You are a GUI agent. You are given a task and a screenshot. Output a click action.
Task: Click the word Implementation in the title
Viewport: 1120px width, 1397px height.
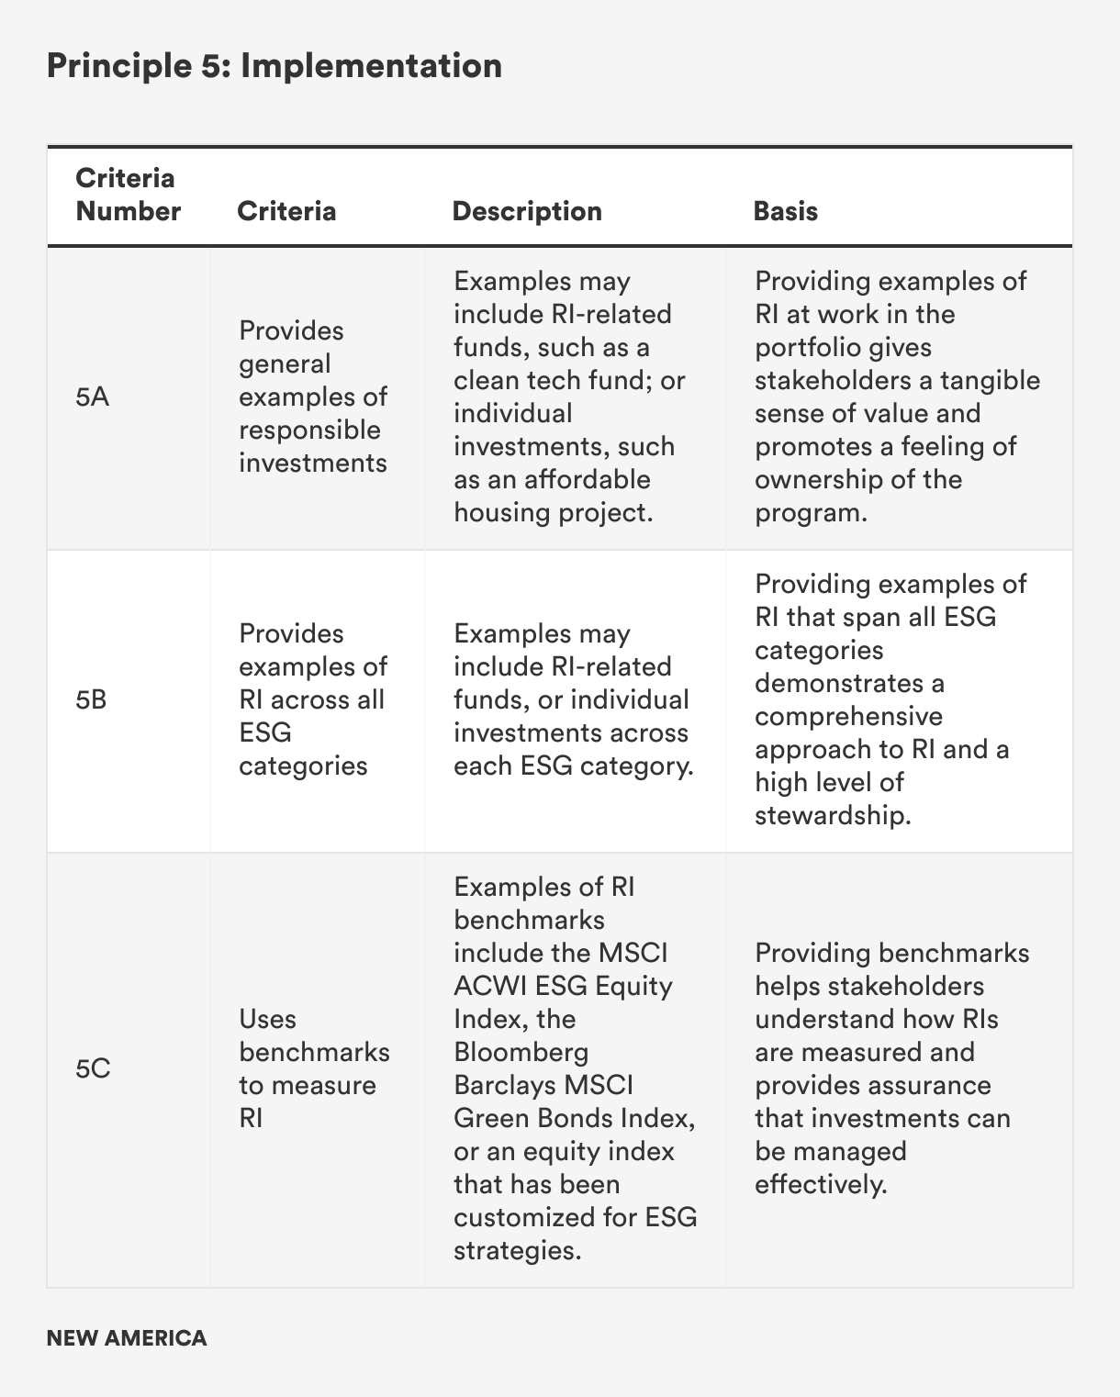coord(371,66)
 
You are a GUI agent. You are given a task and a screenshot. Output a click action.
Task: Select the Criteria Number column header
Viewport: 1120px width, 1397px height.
coord(128,195)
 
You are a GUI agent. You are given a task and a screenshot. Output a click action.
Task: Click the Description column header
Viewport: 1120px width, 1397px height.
coord(527,211)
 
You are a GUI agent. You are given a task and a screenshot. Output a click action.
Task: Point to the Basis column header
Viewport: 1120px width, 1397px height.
coord(785,211)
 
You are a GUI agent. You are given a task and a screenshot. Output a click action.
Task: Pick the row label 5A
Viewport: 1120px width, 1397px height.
coord(93,397)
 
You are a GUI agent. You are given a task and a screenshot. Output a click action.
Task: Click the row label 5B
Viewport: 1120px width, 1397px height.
coord(92,700)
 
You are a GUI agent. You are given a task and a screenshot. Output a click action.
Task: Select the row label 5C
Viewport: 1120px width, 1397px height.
coord(93,1069)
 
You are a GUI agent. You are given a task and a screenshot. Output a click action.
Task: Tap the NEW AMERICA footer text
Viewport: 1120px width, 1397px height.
coord(127,1338)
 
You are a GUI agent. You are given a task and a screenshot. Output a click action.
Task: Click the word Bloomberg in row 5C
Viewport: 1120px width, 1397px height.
coord(521,1053)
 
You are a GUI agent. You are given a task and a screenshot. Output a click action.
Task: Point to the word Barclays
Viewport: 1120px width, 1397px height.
coord(504,1086)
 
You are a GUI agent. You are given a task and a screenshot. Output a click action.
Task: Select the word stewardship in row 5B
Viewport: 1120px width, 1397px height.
coord(832,816)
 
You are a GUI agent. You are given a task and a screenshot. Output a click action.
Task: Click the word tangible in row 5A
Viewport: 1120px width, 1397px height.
coord(990,381)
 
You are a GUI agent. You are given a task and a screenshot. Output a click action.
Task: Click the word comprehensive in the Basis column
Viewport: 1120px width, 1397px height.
coord(848,717)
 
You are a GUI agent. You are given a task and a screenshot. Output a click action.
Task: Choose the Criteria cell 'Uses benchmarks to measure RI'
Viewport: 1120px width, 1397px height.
coord(314,1069)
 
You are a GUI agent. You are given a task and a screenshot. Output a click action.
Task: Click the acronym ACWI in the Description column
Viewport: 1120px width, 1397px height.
coord(490,987)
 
